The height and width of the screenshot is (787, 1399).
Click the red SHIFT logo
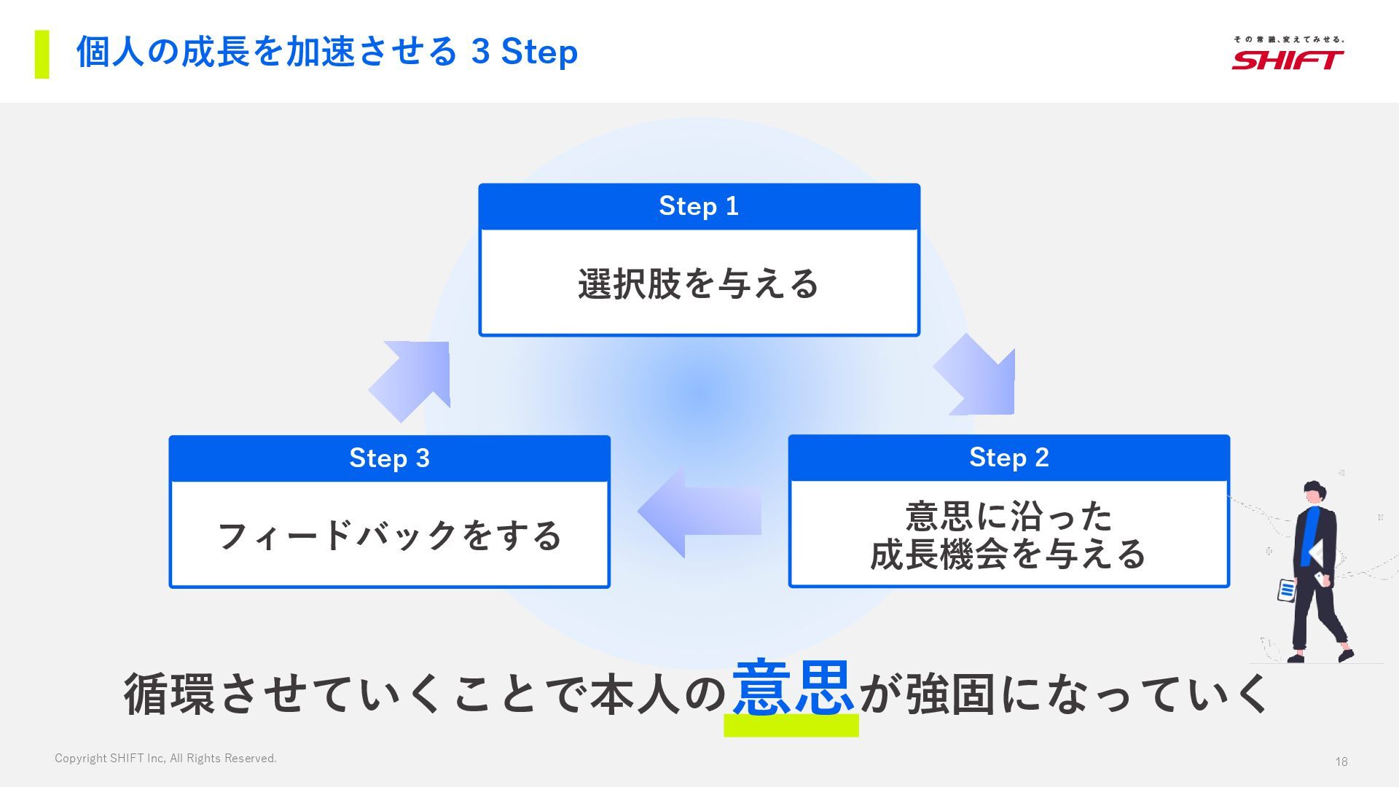pos(1288,59)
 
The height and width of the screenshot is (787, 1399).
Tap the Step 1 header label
pos(699,206)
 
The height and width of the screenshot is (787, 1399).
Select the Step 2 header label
pos(1008,458)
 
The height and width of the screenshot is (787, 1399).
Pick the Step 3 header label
pos(389,458)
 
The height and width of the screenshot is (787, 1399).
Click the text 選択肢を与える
pos(698,283)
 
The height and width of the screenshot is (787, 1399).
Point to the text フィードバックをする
pos(389,536)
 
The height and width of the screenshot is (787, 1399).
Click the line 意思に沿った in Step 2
pos(1008,516)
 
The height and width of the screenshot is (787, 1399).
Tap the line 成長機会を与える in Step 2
pos(1008,554)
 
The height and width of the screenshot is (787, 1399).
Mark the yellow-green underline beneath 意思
pos(791,725)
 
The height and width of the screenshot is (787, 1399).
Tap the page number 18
pos(1341,761)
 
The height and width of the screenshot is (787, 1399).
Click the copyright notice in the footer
pos(165,759)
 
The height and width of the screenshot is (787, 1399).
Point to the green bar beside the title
pos(42,54)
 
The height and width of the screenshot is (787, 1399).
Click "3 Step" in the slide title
pos(524,52)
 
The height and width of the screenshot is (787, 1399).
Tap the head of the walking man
pos(1312,491)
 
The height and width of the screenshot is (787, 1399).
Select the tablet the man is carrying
pos(1286,590)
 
